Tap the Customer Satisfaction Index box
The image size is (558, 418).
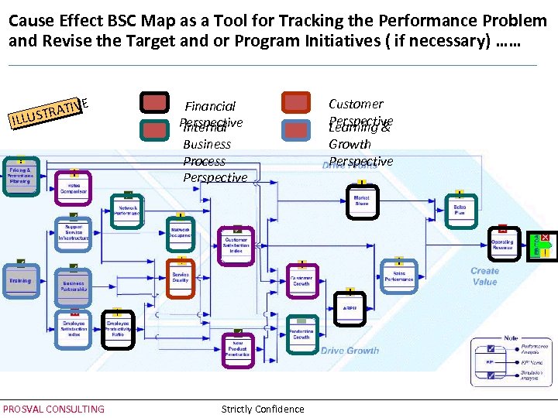coord(236,245)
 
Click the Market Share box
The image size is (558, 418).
coord(361,200)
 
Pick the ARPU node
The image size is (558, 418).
coord(350,308)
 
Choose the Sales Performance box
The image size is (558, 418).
coord(398,276)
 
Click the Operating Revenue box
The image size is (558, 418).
coord(502,244)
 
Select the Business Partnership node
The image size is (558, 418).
coord(74,286)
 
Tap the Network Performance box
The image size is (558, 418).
coord(128,209)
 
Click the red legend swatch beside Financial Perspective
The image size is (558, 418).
coord(154,103)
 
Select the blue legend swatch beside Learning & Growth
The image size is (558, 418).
coord(296,130)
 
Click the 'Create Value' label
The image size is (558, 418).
coord(484,276)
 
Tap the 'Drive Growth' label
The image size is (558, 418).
coord(350,351)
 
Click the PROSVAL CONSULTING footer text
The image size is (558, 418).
coord(53,409)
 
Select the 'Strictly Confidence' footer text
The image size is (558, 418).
coord(263,409)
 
